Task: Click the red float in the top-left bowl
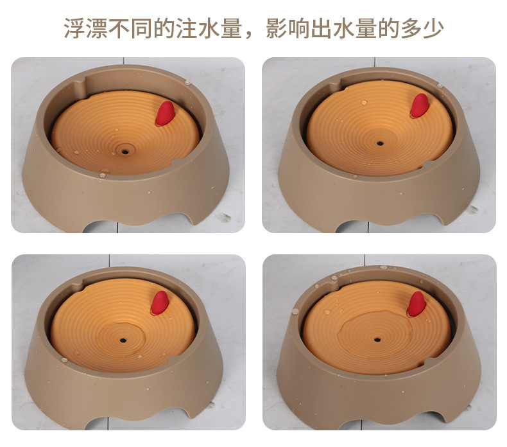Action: coord(165,113)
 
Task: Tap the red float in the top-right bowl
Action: coord(420,105)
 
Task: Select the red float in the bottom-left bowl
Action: coord(160,302)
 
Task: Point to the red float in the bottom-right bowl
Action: coord(416,304)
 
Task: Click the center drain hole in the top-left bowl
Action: coord(125,152)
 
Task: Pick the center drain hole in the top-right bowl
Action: coord(380,143)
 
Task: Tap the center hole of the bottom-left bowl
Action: coord(123,340)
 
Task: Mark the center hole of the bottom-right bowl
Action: coord(377,340)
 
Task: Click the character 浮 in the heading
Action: coord(74,28)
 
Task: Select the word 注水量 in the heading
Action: coord(209,28)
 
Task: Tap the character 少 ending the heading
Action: coord(433,28)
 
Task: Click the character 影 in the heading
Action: coord(277,28)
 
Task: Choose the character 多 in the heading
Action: coord(411,28)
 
